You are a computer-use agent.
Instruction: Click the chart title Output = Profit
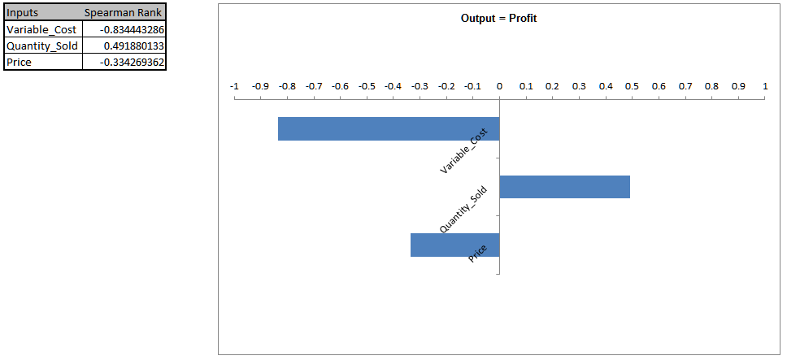(498, 18)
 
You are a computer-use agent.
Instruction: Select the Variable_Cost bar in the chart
(389, 129)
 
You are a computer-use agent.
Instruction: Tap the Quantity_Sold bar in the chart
(564, 187)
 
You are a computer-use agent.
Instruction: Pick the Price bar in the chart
(454, 245)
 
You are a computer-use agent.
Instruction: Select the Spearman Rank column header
(124, 13)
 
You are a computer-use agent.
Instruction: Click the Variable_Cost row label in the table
(42, 29)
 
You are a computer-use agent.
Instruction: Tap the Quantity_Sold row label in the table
(42, 46)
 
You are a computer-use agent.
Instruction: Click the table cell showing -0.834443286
(124, 29)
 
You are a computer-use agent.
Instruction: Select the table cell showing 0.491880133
(124, 46)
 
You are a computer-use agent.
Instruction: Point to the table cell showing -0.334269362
(124, 62)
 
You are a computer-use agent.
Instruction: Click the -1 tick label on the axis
(234, 85)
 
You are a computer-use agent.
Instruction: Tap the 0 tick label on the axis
(499, 85)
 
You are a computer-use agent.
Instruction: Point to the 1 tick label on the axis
(765, 85)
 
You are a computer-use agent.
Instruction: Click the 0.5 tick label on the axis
(632, 85)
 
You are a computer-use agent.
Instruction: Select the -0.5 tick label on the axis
(367, 85)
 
